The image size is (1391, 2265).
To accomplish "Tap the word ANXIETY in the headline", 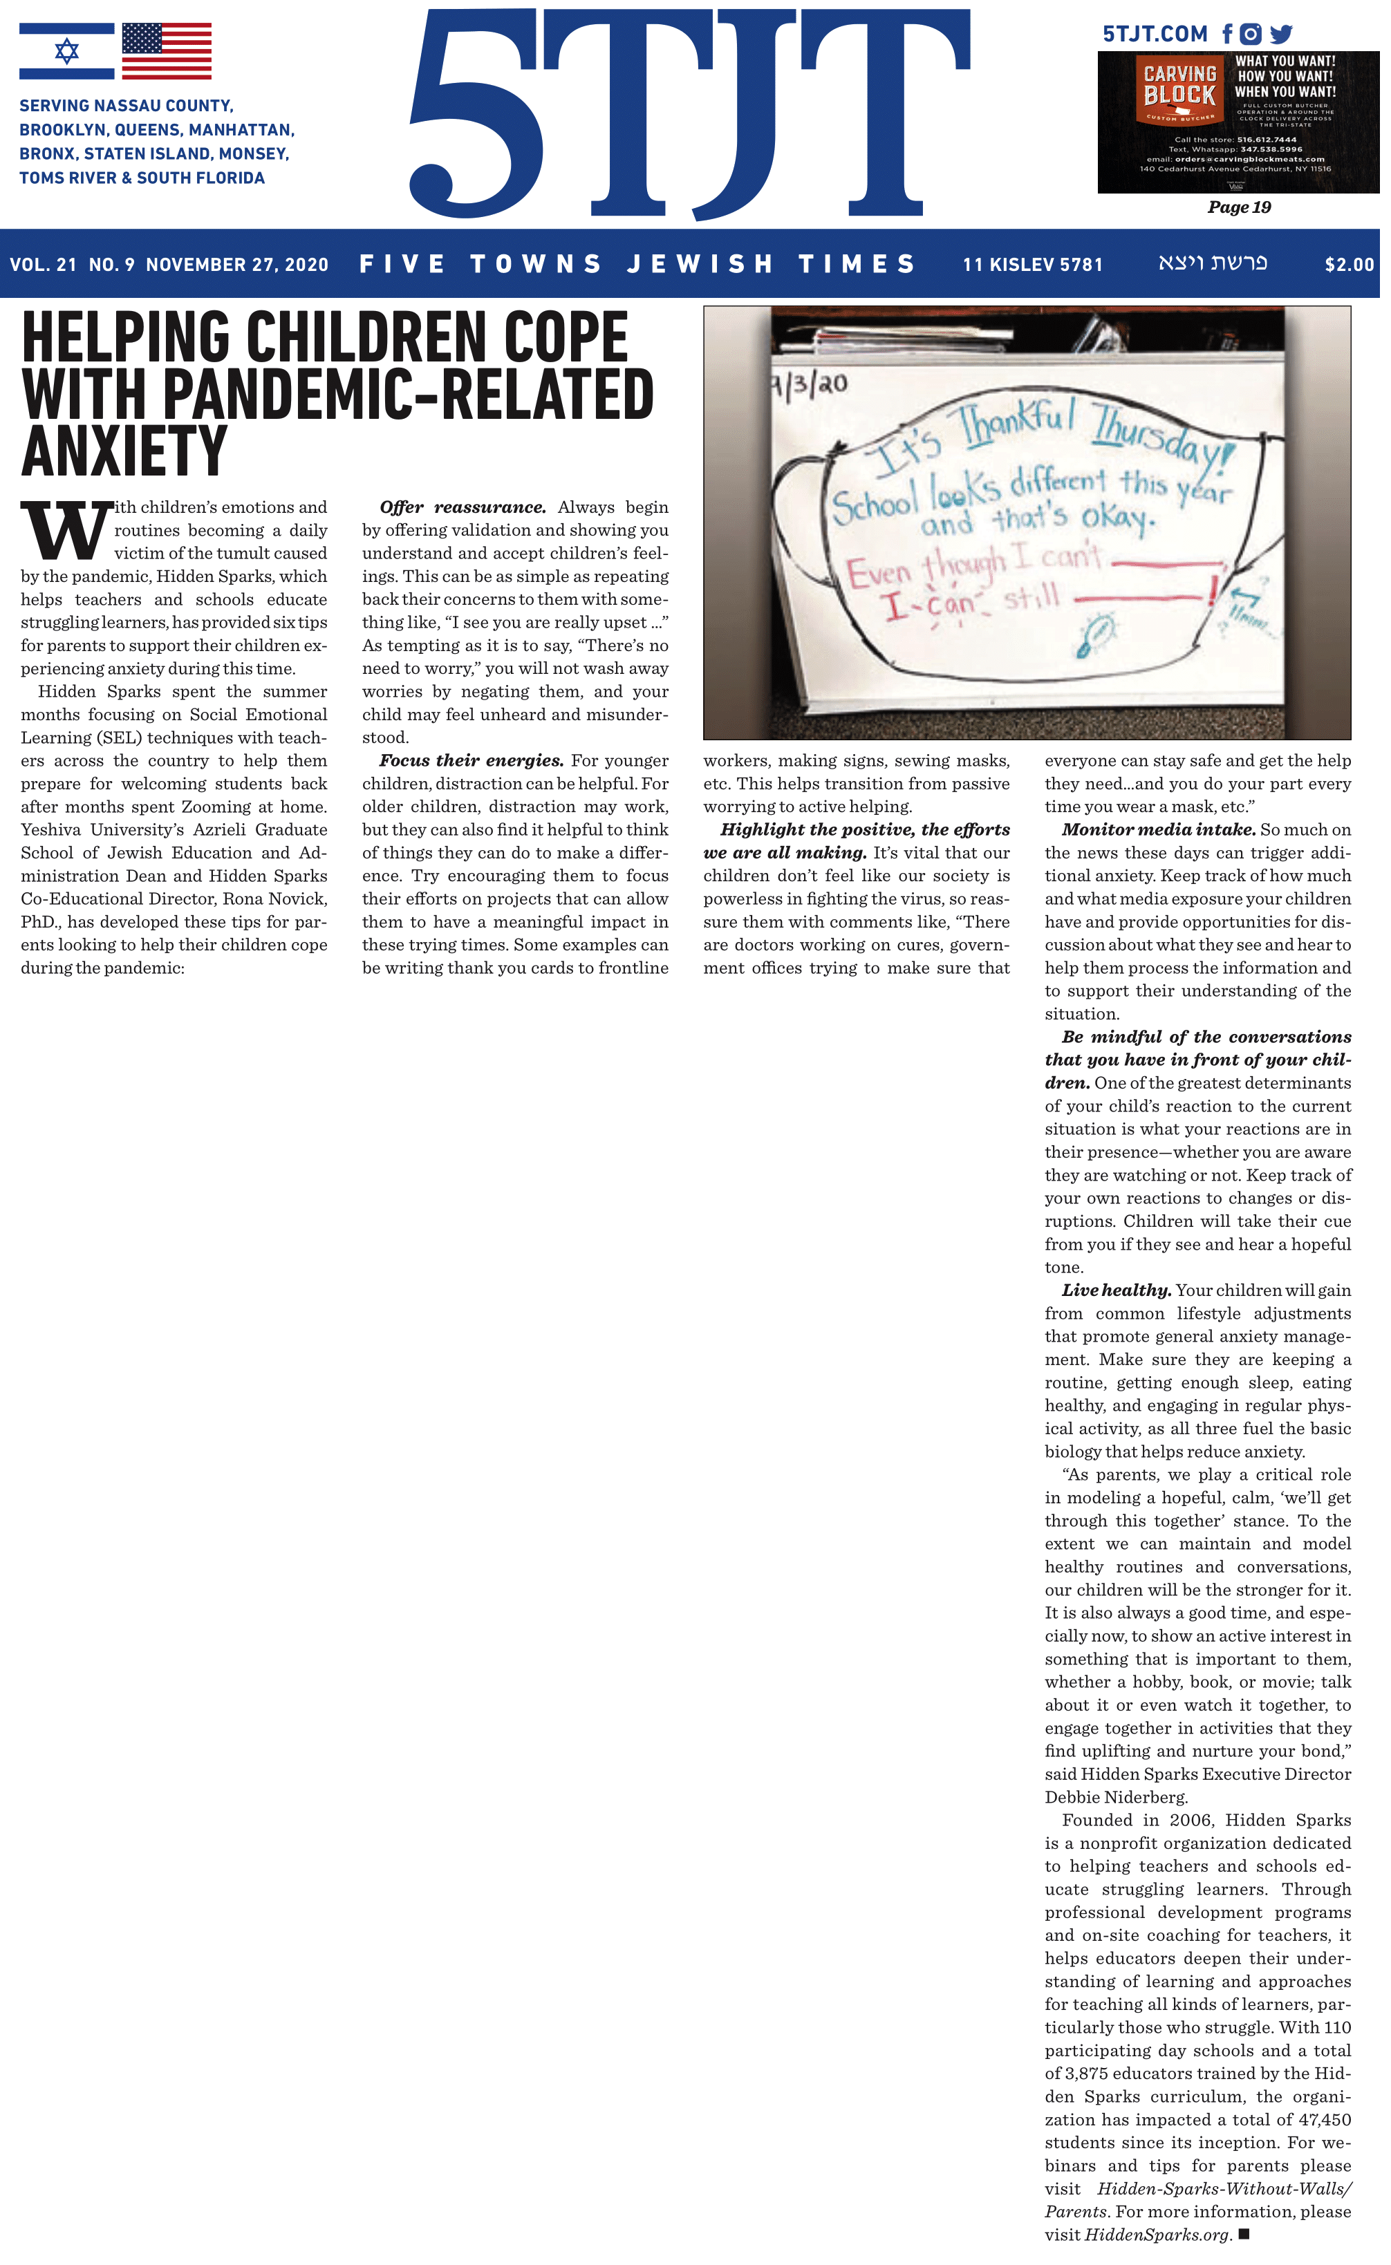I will [124, 451].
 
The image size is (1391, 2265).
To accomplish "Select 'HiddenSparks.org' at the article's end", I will [1157, 2235].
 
